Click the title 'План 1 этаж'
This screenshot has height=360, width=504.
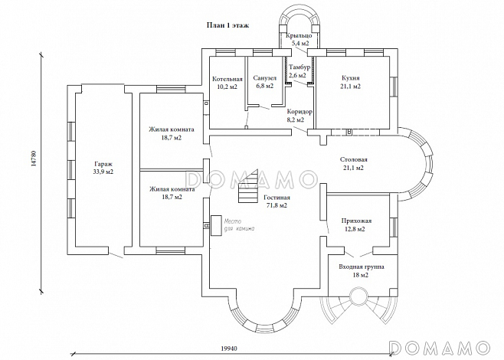pos(227,25)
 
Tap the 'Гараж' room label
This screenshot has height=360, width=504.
pos(103,164)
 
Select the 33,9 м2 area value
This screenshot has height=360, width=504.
pos(103,172)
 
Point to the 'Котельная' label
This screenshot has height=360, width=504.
pos(227,79)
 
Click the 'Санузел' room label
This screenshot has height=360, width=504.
pos(264,78)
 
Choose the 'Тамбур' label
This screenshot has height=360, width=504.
pos(299,67)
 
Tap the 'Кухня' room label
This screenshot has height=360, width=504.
pos(351,78)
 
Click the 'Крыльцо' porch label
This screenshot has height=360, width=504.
pos(299,35)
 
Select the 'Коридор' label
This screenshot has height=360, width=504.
pos(299,112)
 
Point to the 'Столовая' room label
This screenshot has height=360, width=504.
pos(354,159)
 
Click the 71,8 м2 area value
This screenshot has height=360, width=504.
pos(277,206)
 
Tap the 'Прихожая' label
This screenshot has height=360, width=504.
pos(356,221)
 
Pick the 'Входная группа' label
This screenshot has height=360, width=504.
pos(362,267)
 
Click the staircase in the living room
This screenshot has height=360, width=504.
pos(248,186)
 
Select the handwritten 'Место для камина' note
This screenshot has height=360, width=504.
pos(239,225)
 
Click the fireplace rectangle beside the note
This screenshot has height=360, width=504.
pos(217,226)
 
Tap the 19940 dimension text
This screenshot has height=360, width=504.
pos(229,348)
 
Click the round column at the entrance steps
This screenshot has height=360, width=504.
pos(358,295)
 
